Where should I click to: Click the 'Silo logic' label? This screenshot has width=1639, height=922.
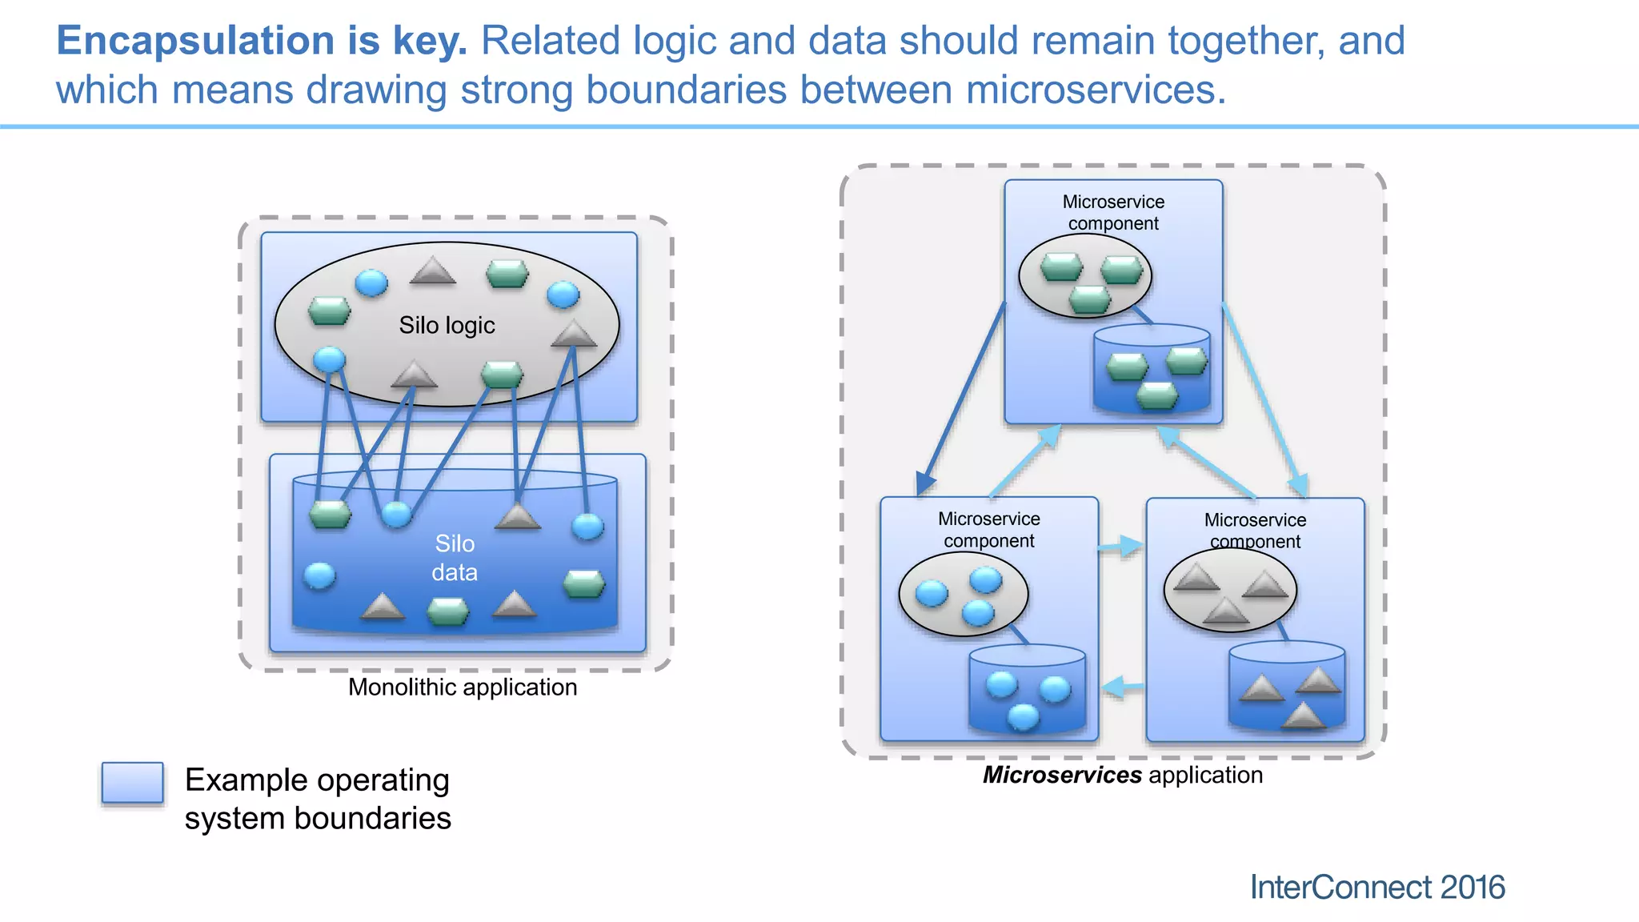pyautogui.click(x=447, y=326)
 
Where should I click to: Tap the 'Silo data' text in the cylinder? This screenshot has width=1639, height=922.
pyautogui.click(x=455, y=558)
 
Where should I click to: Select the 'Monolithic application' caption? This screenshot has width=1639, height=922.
pyautogui.click(x=463, y=687)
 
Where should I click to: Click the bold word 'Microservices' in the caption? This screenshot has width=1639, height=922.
pyautogui.click(x=1062, y=775)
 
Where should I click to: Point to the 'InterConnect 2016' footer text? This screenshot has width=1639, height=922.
pyautogui.click(x=1377, y=887)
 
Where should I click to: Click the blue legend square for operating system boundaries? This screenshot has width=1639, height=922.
pyautogui.click(x=133, y=783)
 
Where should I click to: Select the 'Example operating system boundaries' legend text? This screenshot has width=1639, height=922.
pyautogui.click(x=318, y=799)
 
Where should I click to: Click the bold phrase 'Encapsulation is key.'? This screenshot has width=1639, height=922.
pyautogui.click(x=262, y=41)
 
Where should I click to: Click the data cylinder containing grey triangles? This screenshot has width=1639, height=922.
pyautogui.click(x=1286, y=687)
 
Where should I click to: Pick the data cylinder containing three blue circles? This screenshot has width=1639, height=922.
pyautogui.click(x=1027, y=690)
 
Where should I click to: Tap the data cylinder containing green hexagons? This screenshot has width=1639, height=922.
pyautogui.click(x=1152, y=370)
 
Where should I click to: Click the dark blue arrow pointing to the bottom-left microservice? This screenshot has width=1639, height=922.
pyautogui.click(x=960, y=400)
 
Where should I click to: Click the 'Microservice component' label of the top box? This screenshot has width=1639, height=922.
pyautogui.click(x=1113, y=213)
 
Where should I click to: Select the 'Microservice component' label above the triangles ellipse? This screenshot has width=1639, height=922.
pyautogui.click(x=1255, y=531)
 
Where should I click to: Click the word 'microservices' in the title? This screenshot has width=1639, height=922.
pyautogui.click(x=1095, y=90)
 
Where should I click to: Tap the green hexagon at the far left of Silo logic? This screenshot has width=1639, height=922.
pyautogui.click(x=330, y=311)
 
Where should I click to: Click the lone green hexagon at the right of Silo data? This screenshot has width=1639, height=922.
pyautogui.click(x=584, y=583)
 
